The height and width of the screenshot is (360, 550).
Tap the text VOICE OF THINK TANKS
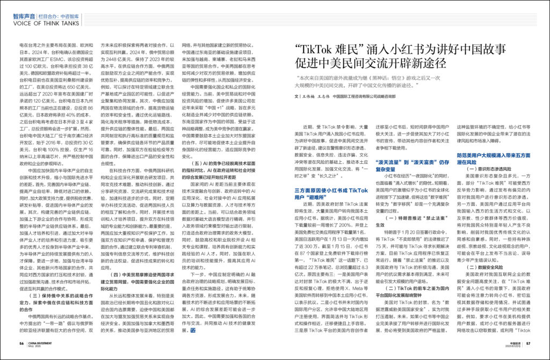[x=44, y=24]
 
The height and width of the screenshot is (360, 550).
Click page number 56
[x=21, y=343]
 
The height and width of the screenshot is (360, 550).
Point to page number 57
[x=529, y=343]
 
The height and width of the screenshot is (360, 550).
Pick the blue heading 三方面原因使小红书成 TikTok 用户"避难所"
[x=330, y=193]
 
